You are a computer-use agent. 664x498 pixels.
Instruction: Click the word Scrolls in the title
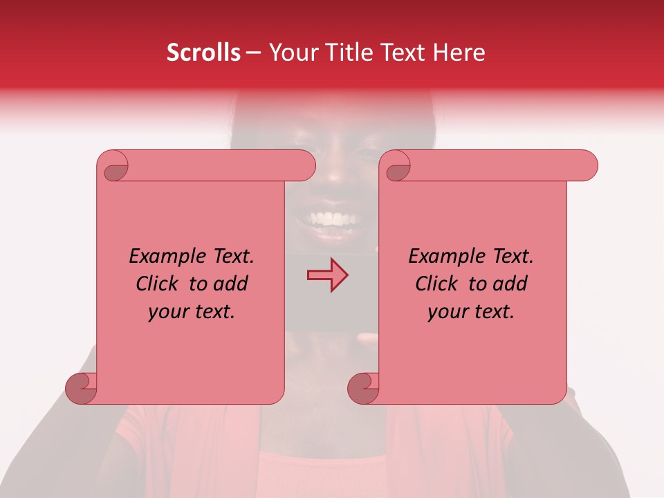(204, 53)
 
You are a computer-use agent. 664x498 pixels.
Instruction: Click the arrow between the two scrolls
(327, 275)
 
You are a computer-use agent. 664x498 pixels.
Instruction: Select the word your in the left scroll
(167, 311)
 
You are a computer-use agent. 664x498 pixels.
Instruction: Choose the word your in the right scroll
(446, 311)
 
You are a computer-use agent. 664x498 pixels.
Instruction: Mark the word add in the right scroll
(510, 284)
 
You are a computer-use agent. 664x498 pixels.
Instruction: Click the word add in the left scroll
(231, 284)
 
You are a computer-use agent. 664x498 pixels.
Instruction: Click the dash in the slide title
(254, 53)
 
